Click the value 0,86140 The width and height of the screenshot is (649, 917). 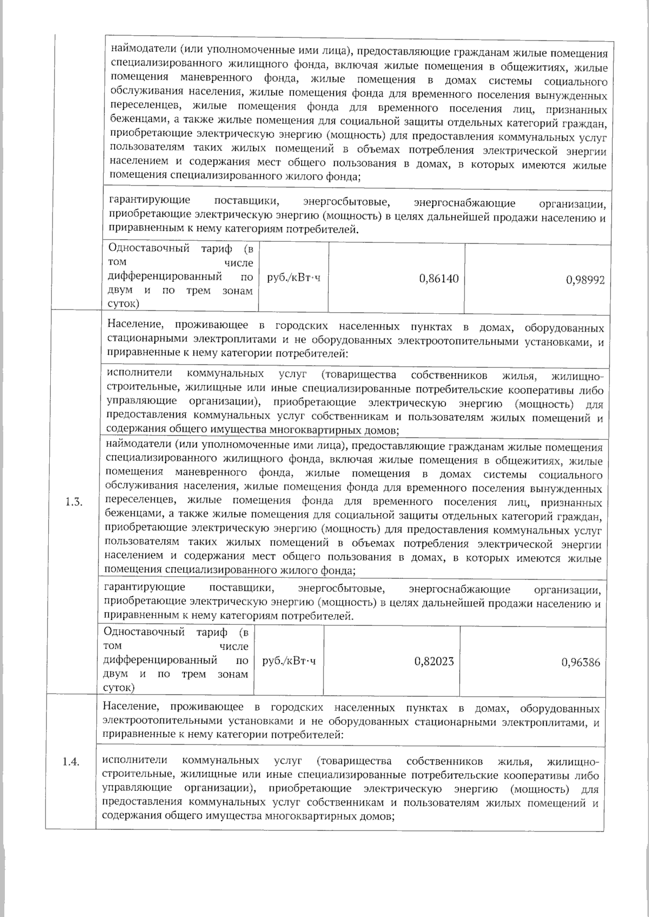(x=439, y=279)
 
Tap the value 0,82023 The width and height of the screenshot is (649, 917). (x=434, y=661)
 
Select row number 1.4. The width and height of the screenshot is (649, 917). (x=71, y=762)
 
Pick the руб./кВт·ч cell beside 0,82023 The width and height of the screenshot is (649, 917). (x=289, y=661)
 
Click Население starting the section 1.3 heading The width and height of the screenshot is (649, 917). (x=133, y=325)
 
